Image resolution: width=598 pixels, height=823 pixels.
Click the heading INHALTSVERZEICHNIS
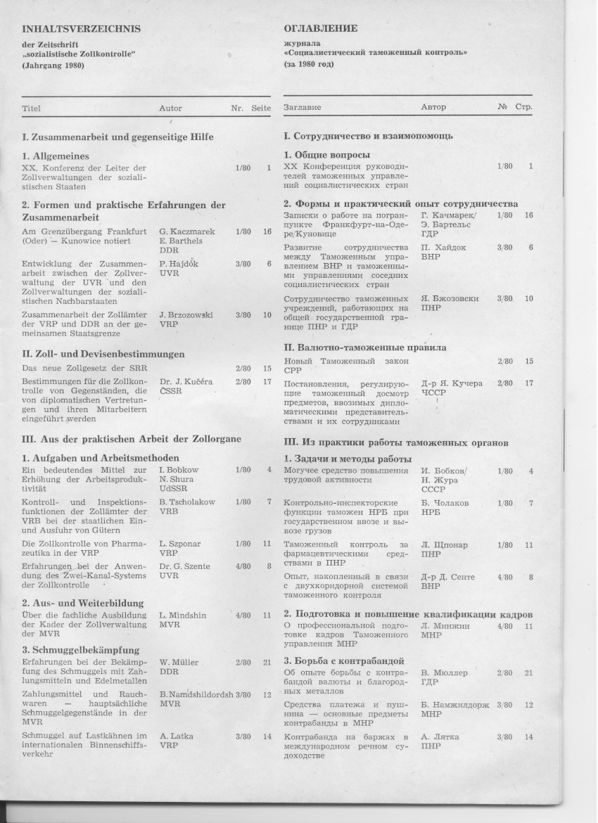[x=81, y=29]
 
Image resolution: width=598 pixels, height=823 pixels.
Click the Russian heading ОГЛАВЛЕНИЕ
[x=320, y=29]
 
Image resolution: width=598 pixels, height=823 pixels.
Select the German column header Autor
[x=170, y=108]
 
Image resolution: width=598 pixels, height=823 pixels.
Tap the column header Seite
[x=261, y=108]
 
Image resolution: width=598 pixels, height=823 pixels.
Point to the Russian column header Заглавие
[x=303, y=108]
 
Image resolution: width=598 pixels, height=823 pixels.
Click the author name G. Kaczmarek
[x=187, y=231]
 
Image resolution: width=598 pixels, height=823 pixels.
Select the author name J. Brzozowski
[x=186, y=315]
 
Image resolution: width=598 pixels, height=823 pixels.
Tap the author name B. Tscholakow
[x=187, y=502]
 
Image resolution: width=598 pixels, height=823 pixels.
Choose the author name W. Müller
[x=179, y=662]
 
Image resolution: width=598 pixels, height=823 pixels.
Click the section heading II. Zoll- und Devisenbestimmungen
[x=103, y=354]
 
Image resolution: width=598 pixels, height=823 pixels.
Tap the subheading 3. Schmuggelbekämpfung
[x=80, y=650]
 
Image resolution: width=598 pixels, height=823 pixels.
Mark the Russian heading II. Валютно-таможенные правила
[x=364, y=347]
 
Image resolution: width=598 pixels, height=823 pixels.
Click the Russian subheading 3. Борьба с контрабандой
[x=343, y=661]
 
